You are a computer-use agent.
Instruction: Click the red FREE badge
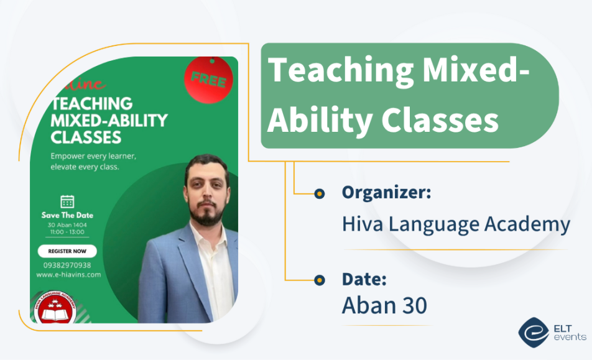[208, 80]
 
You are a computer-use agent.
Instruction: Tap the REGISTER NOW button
[67, 251]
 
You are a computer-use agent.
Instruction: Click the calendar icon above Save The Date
[67, 201]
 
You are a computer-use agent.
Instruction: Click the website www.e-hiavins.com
[68, 274]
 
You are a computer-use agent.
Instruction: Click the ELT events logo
[552, 330]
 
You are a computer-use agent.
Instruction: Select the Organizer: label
[386, 193]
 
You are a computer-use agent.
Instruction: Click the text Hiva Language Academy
[456, 224]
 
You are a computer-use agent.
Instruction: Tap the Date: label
[364, 279]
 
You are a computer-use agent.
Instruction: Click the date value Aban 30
[384, 305]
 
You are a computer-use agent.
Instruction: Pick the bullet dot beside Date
[320, 280]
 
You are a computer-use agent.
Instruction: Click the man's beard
[207, 213]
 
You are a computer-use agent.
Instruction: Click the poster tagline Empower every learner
[93, 155]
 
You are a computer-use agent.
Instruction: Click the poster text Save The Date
[67, 215]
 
